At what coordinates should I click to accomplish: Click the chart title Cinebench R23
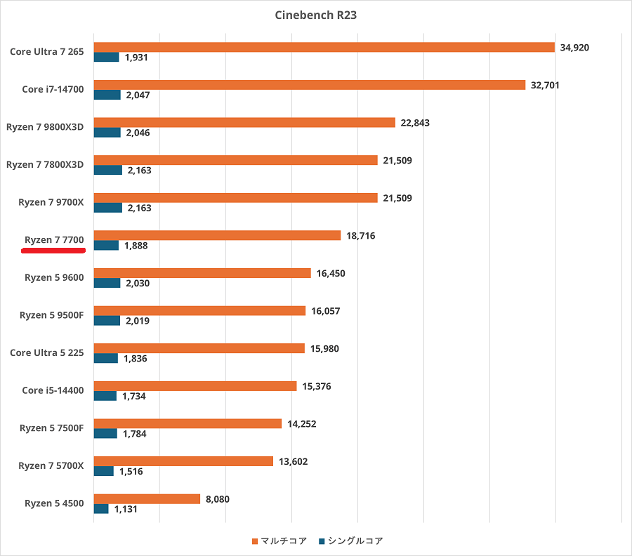click(315, 15)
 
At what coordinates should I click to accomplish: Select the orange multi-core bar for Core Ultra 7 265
click(324, 47)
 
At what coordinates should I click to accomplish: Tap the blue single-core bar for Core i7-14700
click(107, 95)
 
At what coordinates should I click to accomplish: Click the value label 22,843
click(415, 123)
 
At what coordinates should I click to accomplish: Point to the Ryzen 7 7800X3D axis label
click(45, 164)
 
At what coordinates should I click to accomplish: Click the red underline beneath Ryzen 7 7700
click(53, 249)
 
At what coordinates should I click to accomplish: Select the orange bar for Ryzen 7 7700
click(217, 236)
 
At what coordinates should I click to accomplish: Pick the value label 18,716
click(360, 236)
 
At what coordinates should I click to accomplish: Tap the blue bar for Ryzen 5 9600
click(107, 283)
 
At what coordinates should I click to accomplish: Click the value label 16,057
click(325, 311)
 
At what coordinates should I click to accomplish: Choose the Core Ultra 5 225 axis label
click(47, 352)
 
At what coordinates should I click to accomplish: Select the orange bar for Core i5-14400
click(195, 386)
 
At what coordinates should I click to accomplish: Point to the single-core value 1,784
click(136, 434)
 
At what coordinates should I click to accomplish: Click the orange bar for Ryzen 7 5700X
click(183, 461)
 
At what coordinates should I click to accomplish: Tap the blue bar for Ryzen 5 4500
click(101, 509)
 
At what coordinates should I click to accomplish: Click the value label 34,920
click(574, 48)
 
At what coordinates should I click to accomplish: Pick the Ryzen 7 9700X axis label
click(51, 202)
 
